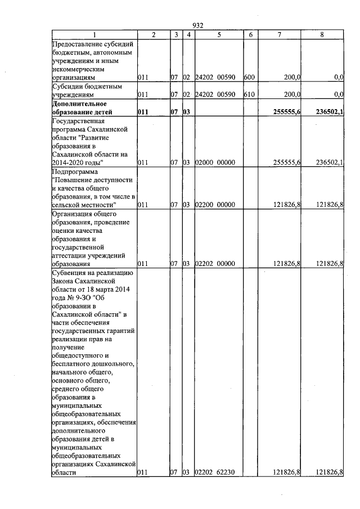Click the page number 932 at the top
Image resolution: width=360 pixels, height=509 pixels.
(197, 25)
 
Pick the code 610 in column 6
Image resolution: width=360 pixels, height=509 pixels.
(249, 94)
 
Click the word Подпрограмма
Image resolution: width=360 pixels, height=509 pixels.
(74, 171)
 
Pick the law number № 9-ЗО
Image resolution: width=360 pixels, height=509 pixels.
(83, 298)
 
